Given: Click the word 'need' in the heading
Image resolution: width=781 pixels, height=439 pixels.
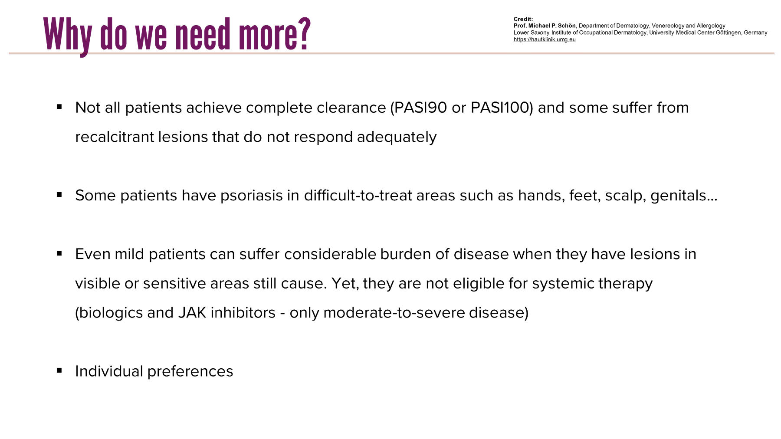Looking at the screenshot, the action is coord(203,34).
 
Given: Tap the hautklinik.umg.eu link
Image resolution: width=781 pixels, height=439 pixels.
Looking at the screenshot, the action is coord(545,39).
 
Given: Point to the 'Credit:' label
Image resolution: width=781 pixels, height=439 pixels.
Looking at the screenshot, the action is coord(523,19).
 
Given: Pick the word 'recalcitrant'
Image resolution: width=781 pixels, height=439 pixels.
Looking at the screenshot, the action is coord(114,137).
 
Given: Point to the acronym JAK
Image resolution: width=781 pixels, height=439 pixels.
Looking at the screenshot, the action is coord(192,313).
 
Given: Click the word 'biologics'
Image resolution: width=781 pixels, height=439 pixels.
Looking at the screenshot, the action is coord(111,313).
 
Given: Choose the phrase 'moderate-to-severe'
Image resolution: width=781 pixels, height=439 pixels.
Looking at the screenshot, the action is coord(394,313).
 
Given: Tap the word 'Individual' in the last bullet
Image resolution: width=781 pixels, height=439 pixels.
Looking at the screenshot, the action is coord(109,371).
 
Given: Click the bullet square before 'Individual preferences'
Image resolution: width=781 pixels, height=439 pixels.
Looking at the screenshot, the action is coord(59,370).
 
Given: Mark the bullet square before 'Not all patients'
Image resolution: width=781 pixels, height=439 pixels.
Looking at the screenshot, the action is coord(59,107).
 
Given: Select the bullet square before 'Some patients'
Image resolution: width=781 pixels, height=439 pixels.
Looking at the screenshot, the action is coord(59,195).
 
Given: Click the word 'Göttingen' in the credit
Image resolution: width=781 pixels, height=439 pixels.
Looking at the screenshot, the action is coord(728,33).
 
